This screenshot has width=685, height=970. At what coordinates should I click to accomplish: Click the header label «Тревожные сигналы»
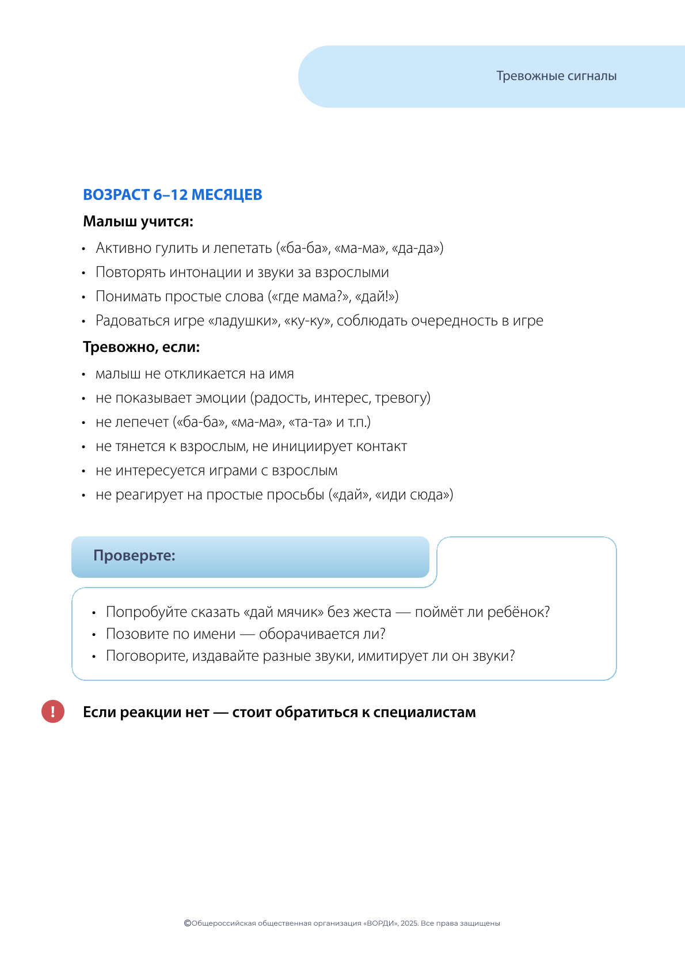556,76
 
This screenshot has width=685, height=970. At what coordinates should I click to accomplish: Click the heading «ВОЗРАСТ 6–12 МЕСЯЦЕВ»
172,195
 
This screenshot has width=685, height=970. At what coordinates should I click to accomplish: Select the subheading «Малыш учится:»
138,221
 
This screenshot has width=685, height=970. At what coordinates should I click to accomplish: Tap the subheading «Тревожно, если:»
141,347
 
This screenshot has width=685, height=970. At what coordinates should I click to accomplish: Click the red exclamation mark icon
53,711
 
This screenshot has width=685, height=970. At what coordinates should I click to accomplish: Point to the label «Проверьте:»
134,556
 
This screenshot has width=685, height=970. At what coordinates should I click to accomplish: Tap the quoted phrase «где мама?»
303,297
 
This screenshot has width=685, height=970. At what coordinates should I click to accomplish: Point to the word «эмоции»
220,398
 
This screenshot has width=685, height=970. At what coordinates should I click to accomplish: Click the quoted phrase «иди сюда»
414,495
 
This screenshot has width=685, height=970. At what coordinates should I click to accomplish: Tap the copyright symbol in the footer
187,923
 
